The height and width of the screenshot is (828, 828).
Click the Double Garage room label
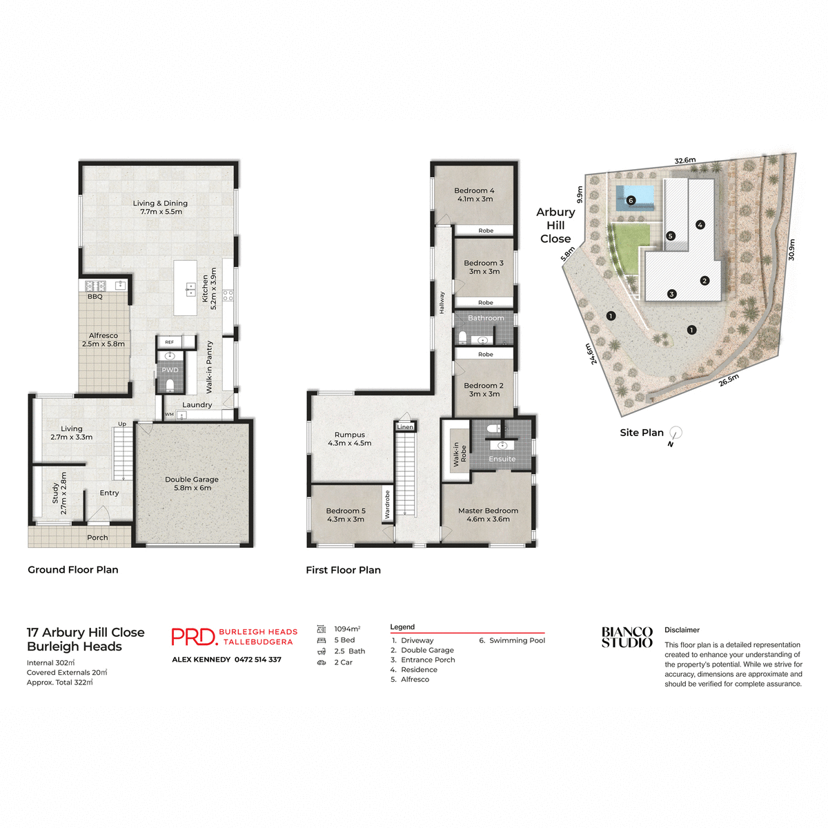click(x=192, y=484)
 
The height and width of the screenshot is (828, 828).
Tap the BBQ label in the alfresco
click(x=95, y=297)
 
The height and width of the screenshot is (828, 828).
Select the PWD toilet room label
click(x=170, y=370)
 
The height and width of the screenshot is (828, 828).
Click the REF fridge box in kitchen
click(x=169, y=342)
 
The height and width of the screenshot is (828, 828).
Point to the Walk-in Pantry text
click(x=210, y=367)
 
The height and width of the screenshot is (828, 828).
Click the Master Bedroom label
click(x=488, y=515)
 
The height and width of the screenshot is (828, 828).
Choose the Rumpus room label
click(x=349, y=439)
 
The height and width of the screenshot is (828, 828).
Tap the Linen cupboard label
click(x=405, y=427)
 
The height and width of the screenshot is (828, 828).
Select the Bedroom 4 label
click(x=475, y=195)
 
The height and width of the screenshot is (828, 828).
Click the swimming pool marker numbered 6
click(x=631, y=201)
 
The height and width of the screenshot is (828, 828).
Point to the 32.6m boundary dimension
click(x=685, y=161)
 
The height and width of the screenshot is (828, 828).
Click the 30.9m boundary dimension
click(x=791, y=249)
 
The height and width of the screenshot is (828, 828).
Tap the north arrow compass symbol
click(x=676, y=434)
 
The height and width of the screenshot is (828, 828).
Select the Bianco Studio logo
click(x=627, y=637)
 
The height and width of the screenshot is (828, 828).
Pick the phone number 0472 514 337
click(x=258, y=660)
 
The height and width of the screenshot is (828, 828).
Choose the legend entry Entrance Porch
click(x=428, y=660)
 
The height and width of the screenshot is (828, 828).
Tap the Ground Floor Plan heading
click(x=73, y=570)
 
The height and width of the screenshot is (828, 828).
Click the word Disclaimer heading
click(x=682, y=630)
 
